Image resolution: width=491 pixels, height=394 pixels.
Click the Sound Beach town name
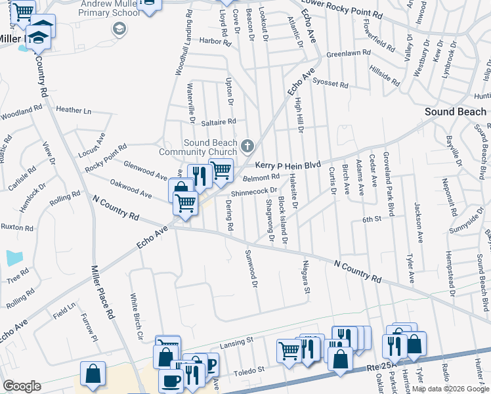click(456, 112)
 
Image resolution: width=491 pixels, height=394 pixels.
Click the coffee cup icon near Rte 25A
click(172, 380)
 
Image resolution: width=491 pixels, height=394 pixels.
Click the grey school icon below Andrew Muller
click(119, 28)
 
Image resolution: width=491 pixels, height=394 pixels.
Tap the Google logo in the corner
click(22, 385)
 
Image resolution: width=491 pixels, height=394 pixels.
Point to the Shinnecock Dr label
click(254, 191)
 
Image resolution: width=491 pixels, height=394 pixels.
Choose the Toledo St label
click(250, 370)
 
